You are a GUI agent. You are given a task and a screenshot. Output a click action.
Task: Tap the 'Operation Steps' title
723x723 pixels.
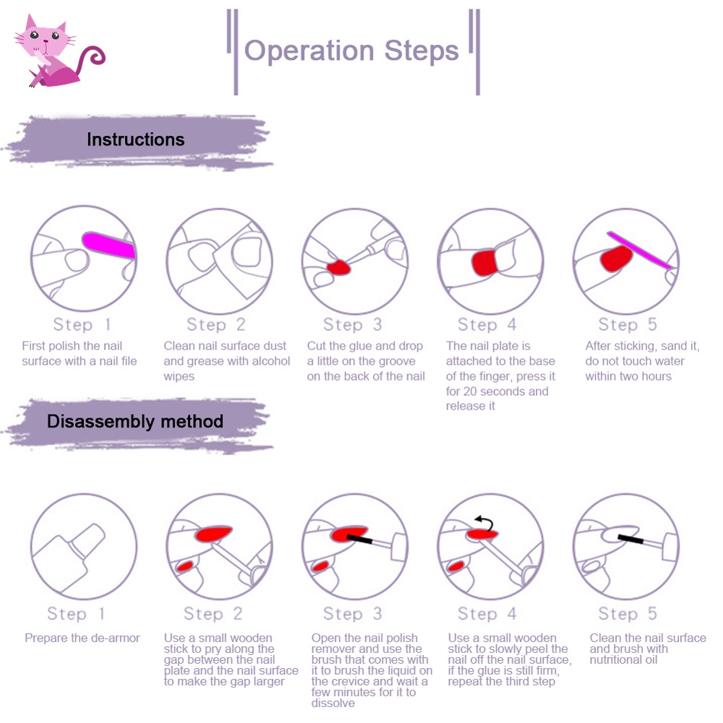click(x=351, y=51)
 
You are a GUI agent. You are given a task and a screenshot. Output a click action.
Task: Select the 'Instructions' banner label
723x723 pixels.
click(x=136, y=139)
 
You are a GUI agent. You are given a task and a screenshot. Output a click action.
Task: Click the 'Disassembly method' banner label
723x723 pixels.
click(x=135, y=421)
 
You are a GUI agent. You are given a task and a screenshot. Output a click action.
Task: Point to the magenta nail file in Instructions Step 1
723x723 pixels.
click(x=109, y=245)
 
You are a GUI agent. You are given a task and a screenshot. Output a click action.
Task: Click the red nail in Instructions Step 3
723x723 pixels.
click(x=339, y=267)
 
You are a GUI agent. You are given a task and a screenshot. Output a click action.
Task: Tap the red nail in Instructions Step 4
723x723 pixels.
click(x=484, y=263)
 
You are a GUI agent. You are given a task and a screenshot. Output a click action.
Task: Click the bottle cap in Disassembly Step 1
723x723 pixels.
click(x=87, y=539)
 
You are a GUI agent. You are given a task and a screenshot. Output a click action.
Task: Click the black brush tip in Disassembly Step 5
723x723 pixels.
click(x=631, y=539)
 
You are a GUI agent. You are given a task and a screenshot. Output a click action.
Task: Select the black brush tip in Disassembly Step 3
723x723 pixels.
click(x=359, y=539)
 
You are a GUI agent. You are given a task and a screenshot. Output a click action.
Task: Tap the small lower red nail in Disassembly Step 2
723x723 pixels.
click(x=186, y=566)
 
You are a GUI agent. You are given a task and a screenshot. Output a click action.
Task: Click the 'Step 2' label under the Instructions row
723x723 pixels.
click(x=216, y=324)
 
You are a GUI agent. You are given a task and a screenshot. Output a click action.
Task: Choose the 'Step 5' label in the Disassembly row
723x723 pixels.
click(x=627, y=613)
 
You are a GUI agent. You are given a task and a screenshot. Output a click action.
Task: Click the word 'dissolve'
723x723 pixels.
click(x=333, y=703)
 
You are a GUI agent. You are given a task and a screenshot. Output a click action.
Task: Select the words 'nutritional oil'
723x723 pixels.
click(x=623, y=660)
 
